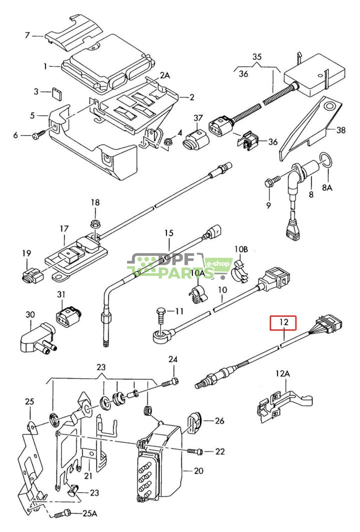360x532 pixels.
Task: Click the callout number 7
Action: (27, 35)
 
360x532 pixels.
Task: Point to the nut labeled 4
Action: (167, 143)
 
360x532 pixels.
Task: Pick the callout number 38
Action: (341, 130)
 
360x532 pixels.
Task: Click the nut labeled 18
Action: (94, 222)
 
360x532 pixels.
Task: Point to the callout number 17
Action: (63, 229)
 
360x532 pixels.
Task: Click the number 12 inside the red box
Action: (283, 323)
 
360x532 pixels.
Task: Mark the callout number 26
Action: (219, 421)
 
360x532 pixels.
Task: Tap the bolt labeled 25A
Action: (64, 513)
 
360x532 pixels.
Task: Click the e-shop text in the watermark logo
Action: (219, 263)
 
